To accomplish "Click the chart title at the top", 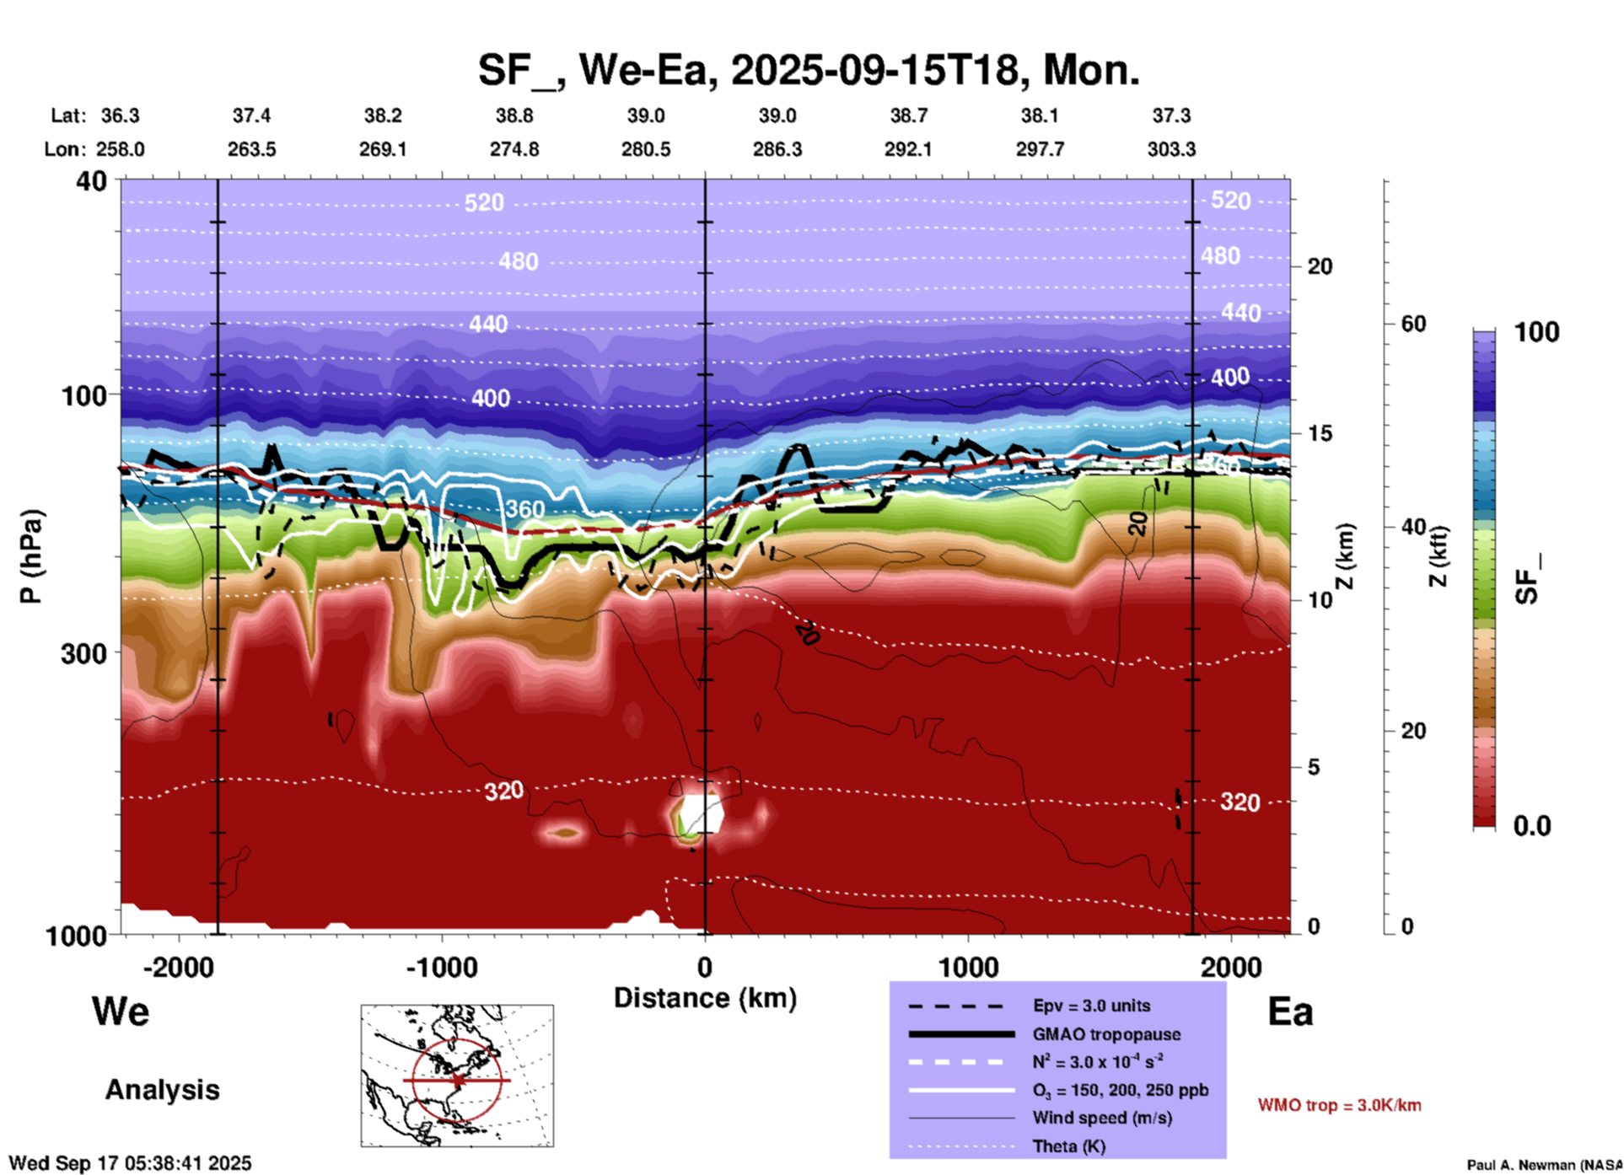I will (808, 70).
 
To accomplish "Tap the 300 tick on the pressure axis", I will (83, 653).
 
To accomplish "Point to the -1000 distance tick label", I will (441, 968).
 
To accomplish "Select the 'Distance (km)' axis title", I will (705, 998).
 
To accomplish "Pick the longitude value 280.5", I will (646, 149).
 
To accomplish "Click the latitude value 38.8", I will (514, 115).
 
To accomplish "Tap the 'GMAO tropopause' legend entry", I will (1106, 1034).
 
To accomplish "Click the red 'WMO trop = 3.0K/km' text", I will (1339, 1105).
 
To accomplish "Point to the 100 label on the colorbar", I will (1536, 332).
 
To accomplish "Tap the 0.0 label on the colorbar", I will (1532, 826).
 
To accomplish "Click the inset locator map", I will (457, 1076).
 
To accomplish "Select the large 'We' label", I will (121, 1011).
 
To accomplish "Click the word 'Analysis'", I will (162, 1090).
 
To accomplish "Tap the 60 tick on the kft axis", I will (1413, 324).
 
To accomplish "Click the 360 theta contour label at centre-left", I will (524, 509).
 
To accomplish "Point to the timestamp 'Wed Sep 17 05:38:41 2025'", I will (130, 1163).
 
